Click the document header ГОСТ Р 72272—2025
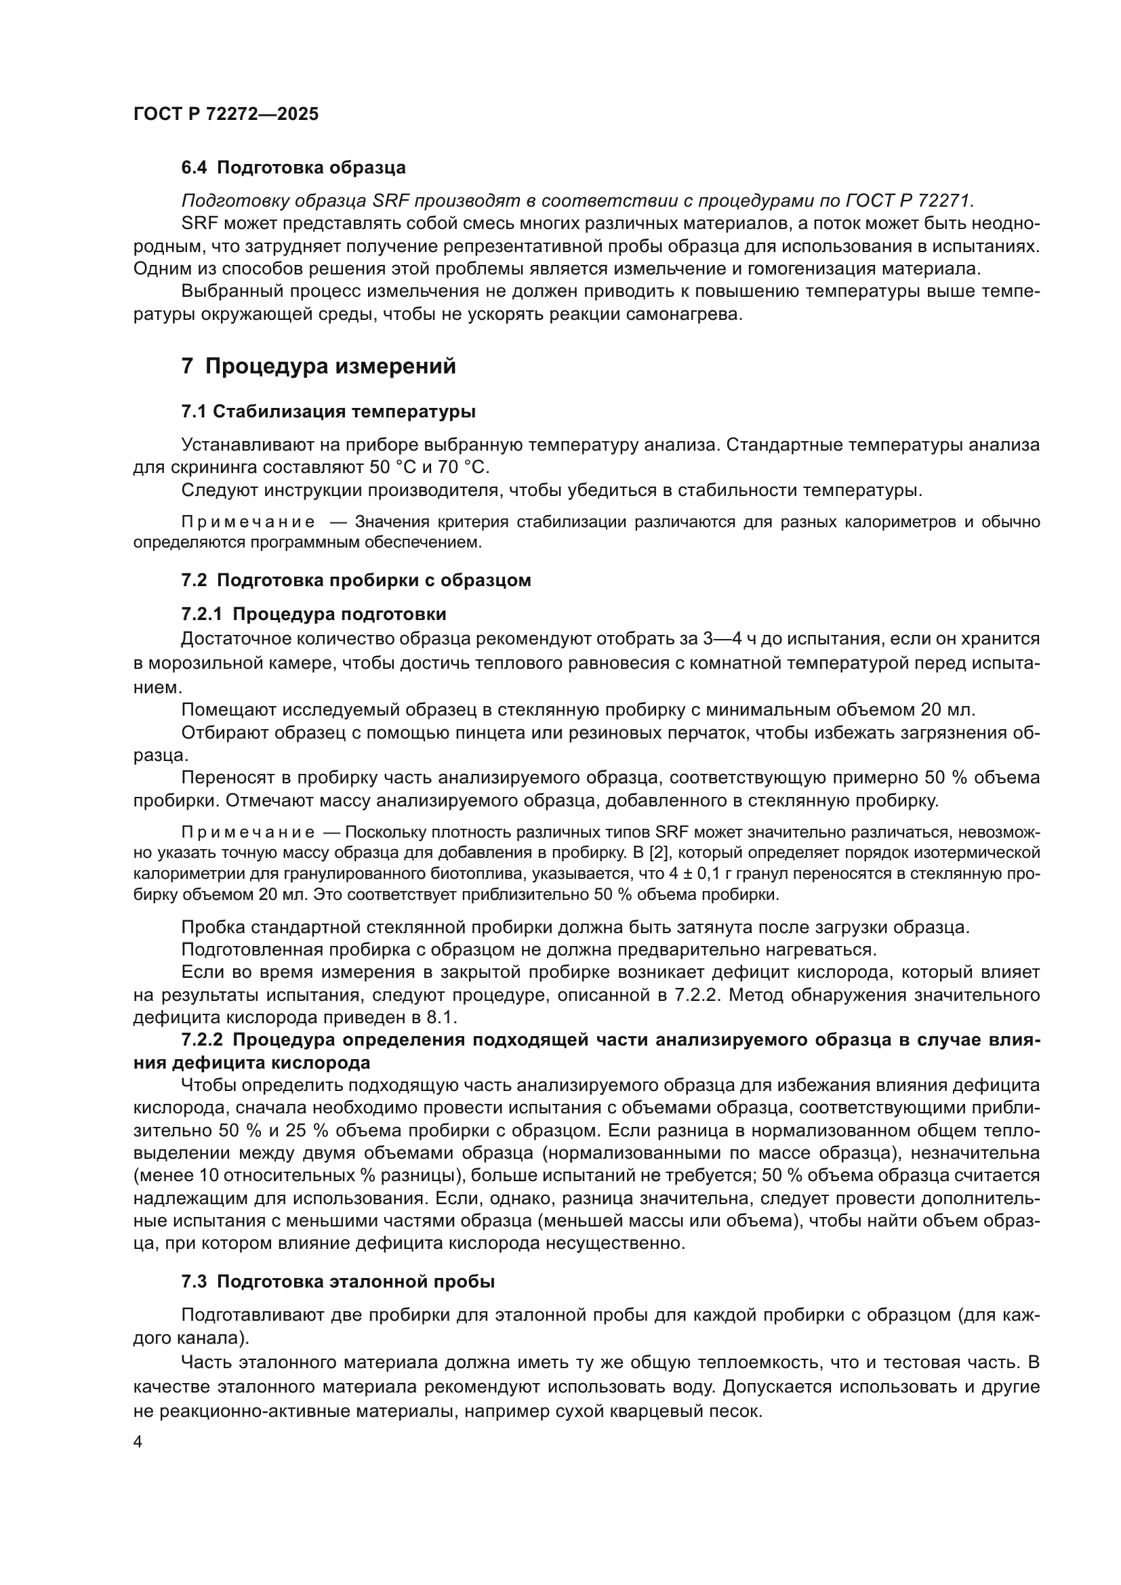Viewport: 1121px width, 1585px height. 226,115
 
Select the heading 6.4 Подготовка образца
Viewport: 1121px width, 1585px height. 293,168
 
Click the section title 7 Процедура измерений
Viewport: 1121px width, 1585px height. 319,366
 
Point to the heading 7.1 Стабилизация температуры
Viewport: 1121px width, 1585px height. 329,412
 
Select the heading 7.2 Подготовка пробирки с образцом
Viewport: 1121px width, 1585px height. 356,580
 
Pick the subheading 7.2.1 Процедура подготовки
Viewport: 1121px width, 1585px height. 313,614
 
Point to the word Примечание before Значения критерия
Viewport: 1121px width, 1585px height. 249,522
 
